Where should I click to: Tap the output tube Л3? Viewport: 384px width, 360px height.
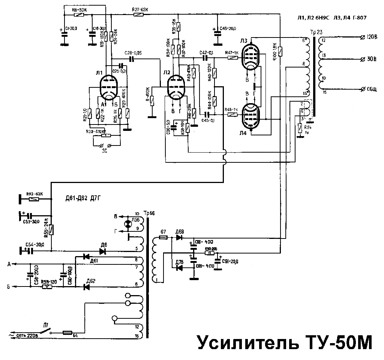coord(250,56)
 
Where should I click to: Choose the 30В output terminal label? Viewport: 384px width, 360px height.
coord(371,59)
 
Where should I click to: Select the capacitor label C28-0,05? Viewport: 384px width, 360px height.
coord(133,53)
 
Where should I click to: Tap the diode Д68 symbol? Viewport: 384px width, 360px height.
coord(179,237)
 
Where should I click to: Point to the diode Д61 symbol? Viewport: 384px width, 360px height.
coord(86,256)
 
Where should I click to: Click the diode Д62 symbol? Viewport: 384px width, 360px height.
coord(86,287)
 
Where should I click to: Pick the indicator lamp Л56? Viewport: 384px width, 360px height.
coord(129,224)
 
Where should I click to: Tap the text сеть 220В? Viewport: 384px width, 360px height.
coord(27,335)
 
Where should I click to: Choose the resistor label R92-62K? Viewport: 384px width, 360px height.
coord(34,194)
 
